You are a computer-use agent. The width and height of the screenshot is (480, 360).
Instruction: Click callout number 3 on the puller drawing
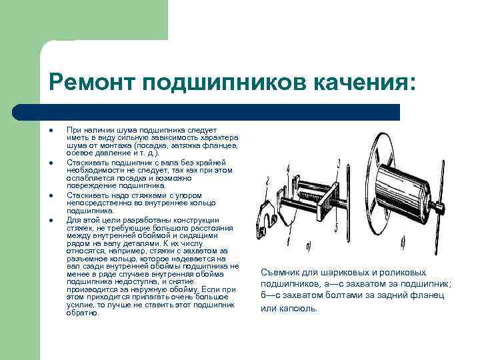339,162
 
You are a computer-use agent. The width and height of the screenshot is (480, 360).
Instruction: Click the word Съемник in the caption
281,273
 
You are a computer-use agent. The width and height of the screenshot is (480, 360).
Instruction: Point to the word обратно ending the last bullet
83,313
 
